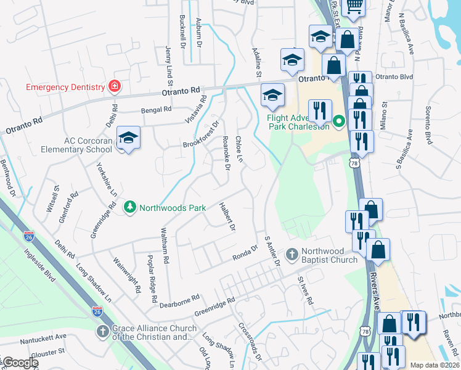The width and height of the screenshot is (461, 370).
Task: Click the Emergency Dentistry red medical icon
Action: point(114,86)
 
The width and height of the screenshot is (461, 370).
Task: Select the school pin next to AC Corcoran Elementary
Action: point(128,138)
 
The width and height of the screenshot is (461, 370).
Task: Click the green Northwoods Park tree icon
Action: point(129,207)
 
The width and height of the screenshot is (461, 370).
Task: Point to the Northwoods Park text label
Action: point(173,208)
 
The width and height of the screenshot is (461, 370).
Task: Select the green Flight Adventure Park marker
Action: point(338,121)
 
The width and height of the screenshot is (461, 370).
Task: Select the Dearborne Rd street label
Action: point(178,298)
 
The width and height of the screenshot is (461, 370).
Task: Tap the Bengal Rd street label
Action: point(155,110)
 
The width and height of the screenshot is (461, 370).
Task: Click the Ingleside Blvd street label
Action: point(44,261)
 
